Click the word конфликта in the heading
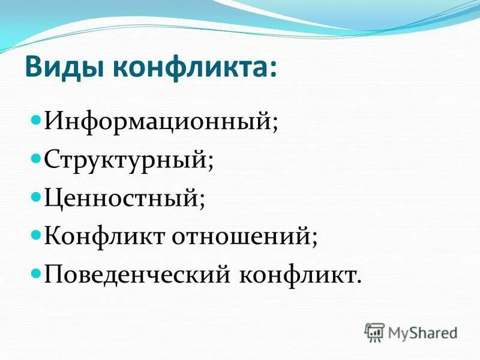191,68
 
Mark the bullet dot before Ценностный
35,196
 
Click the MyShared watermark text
424,332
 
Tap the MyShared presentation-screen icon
374,332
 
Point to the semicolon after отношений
314,239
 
